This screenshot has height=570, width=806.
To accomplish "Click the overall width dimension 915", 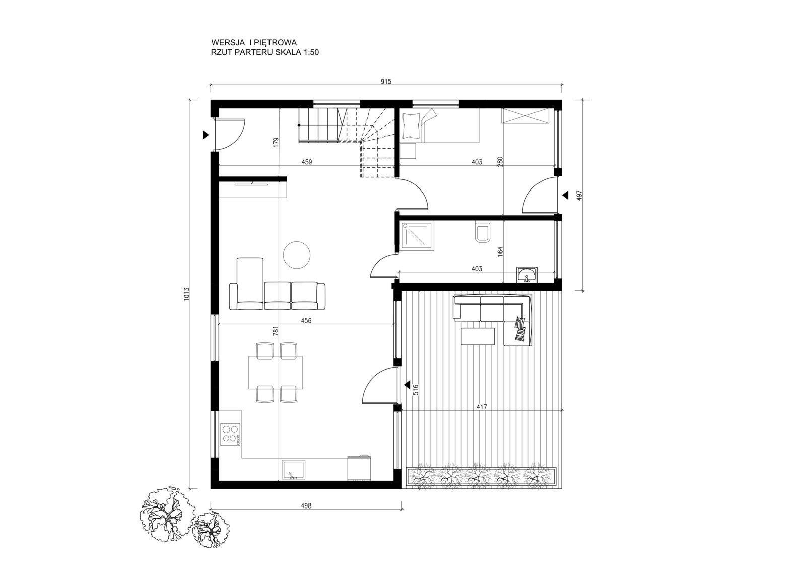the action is click(x=386, y=81).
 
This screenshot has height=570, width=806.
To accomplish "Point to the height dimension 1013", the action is click(x=187, y=294).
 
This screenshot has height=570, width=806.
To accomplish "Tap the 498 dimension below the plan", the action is click(x=306, y=505).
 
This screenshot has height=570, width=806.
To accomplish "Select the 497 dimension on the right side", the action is click(x=579, y=195).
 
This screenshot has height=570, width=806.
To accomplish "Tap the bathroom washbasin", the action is click(x=527, y=274).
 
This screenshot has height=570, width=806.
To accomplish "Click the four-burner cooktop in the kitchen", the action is click(x=230, y=433).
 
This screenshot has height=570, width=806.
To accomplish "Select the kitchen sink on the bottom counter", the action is click(x=293, y=470).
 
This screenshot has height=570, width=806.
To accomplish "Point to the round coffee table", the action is click(x=297, y=255).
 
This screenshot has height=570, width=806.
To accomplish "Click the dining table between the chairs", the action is click(x=275, y=372).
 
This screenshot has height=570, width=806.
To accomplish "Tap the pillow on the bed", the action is click(x=411, y=125).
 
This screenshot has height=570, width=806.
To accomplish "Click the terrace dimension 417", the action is click(x=482, y=407).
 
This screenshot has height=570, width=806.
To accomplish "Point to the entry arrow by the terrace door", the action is click(x=407, y=385).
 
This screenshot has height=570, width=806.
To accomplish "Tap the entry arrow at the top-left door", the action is click(x=206, y=135).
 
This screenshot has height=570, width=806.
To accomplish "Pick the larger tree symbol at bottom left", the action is click(x=166, y=516).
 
